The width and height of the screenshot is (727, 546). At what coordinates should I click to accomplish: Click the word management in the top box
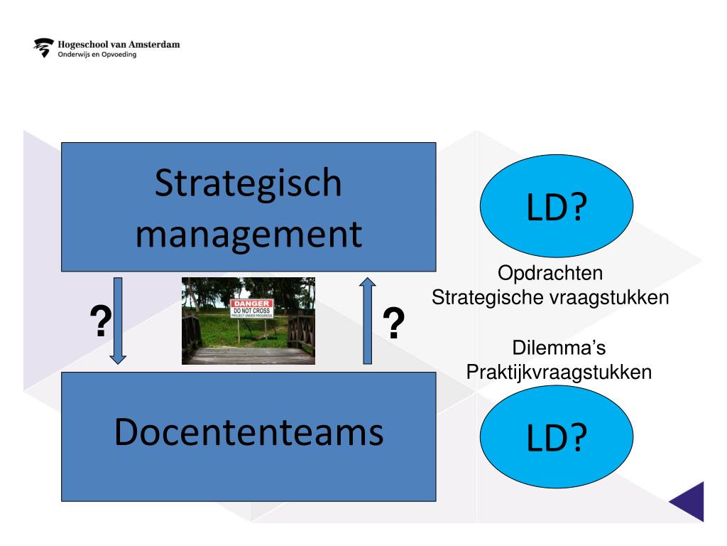(x=248, y=234)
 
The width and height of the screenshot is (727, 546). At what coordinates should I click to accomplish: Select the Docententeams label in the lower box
(x=248, y=432)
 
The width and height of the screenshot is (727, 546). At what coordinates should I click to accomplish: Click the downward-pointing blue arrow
(x=119, y=320)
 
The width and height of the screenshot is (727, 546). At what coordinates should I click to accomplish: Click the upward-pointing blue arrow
(x=367, y=320)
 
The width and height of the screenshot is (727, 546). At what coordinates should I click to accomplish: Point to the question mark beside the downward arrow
(x=102, y=321)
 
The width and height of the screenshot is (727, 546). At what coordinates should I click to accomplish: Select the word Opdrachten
(x=551, y=274)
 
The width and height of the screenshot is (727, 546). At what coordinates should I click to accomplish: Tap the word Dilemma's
(x=558, y=348)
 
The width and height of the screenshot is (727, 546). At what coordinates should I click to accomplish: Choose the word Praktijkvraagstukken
(x=558, y=372)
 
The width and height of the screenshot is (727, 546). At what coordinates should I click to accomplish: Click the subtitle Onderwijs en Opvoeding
(x=97, y=55)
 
